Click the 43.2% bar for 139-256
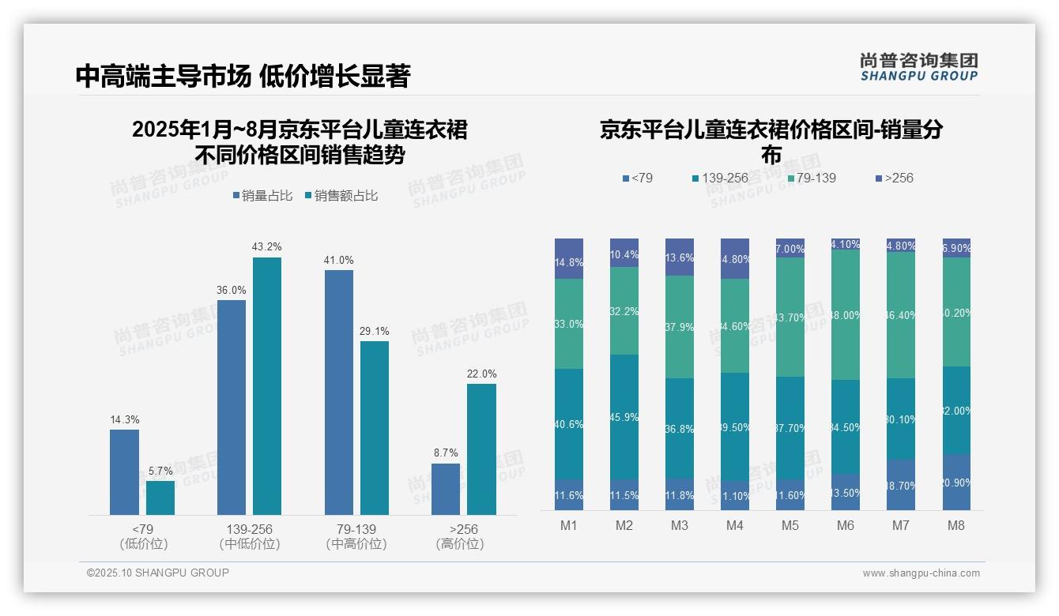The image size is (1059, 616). click(267, 385)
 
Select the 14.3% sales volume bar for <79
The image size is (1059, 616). click(124, 471)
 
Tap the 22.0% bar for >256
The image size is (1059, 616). click(481, 449)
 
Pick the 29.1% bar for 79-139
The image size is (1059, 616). click(375, 427)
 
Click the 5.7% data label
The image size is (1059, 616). click(160, 471)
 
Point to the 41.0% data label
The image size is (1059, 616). click(339, 260)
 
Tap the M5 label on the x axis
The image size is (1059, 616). click(790, 525)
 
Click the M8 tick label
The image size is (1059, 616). click(956, 525)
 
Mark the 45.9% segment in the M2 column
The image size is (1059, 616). click(624, 416)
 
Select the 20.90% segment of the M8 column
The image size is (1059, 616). click(956, 482)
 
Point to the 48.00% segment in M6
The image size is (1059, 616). click(845, 314)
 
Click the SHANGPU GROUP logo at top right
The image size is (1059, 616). click(918, 67)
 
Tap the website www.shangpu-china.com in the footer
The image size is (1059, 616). click(921, 573)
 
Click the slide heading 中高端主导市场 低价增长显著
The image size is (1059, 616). click(243, 76)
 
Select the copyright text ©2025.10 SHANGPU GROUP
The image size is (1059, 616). click(158, 573)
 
